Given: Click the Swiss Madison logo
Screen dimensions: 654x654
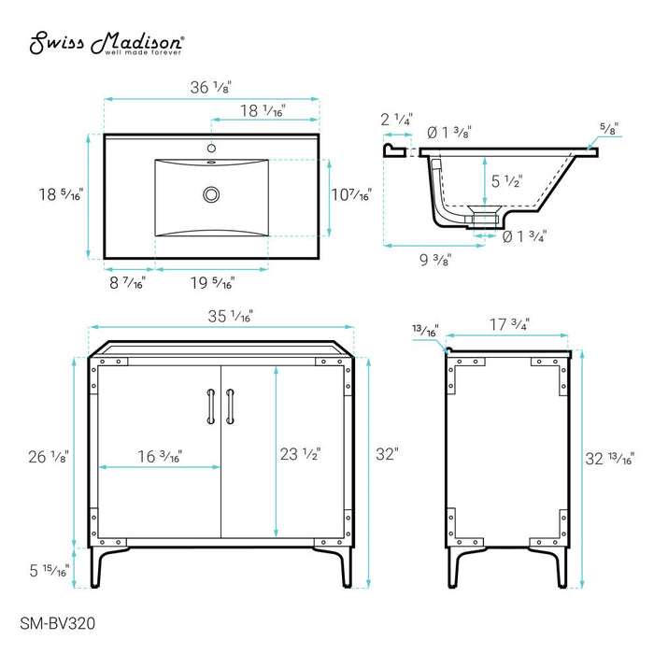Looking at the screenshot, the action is tap(107, 43).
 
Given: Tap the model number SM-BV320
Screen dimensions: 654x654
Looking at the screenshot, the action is tap(58, 623).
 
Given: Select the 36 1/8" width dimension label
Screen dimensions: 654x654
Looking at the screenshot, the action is tap(210, 87).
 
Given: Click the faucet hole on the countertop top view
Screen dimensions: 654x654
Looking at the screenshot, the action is tap(211, 148).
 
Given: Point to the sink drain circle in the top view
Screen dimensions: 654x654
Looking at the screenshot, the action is tap(211, 194).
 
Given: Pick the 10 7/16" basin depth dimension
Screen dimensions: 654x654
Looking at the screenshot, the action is tap(351, 194).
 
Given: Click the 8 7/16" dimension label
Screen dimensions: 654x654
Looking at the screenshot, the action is tap(127, 283).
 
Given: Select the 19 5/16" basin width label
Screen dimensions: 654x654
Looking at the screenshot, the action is tap(213, 283).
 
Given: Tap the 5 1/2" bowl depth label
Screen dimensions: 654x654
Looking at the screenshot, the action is tap(507, 181).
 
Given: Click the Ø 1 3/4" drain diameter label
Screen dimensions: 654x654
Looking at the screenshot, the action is tap(524, 236).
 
